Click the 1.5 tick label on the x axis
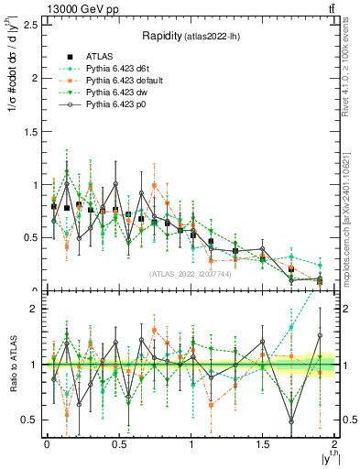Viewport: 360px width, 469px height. point(262,444)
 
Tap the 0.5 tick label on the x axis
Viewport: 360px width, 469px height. point(118,444)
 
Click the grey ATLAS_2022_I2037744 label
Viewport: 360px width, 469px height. point(190,274)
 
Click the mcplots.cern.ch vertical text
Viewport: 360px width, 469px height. point(345,220)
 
